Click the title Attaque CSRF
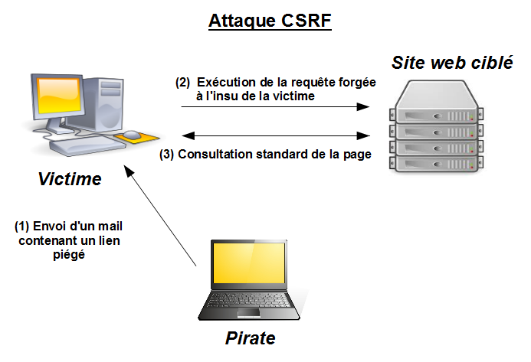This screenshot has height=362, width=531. (269, 21)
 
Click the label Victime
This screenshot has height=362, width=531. (70, 180)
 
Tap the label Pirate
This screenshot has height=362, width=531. (250, 338)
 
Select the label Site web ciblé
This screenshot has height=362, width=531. (453, 63)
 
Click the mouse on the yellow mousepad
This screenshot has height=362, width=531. (132, 135)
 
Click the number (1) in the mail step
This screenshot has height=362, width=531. (22, 227)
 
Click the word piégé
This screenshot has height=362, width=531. (70, 256)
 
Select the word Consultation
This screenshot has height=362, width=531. (217, 154)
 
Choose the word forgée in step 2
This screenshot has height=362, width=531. (356, 83)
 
